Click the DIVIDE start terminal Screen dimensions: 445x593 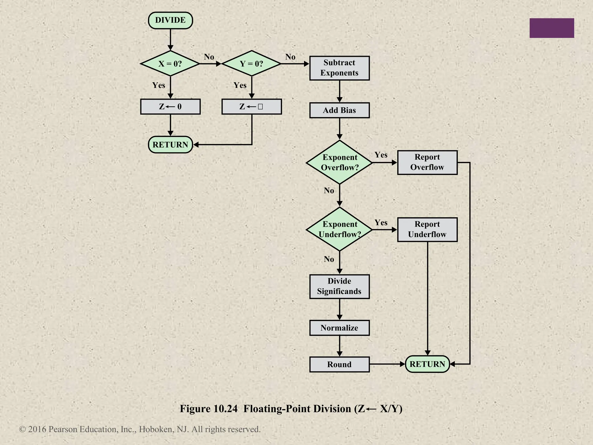tap(170, 20)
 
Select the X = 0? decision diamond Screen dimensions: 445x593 tap(170, 63)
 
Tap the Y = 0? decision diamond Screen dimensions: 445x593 tap(251, 63)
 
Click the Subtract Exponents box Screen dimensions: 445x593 tap(339, 68)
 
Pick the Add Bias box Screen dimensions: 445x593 tap(339, 110)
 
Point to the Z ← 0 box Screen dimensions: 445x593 tap(170, 107)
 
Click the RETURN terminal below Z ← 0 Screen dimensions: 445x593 tap(170, 145)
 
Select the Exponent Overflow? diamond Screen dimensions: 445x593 tap(340, 162)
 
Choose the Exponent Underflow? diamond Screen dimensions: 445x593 tap(340, 229)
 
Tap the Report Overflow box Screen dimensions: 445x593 tap(427, 162)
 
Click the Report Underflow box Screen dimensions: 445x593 tap(427, 229)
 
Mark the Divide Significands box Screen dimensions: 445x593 tap(339, 286)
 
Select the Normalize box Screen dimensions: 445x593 tap(339, 328)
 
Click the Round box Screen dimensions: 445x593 tap(339, 364)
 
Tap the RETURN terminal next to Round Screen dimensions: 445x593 tap(427, 364)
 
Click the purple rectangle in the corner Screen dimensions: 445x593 tap(552, 28)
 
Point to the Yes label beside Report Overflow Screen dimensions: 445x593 tap(381, 155)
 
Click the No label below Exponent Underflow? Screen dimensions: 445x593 tap(329, 259)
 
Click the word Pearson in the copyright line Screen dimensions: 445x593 tap(63, 429)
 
